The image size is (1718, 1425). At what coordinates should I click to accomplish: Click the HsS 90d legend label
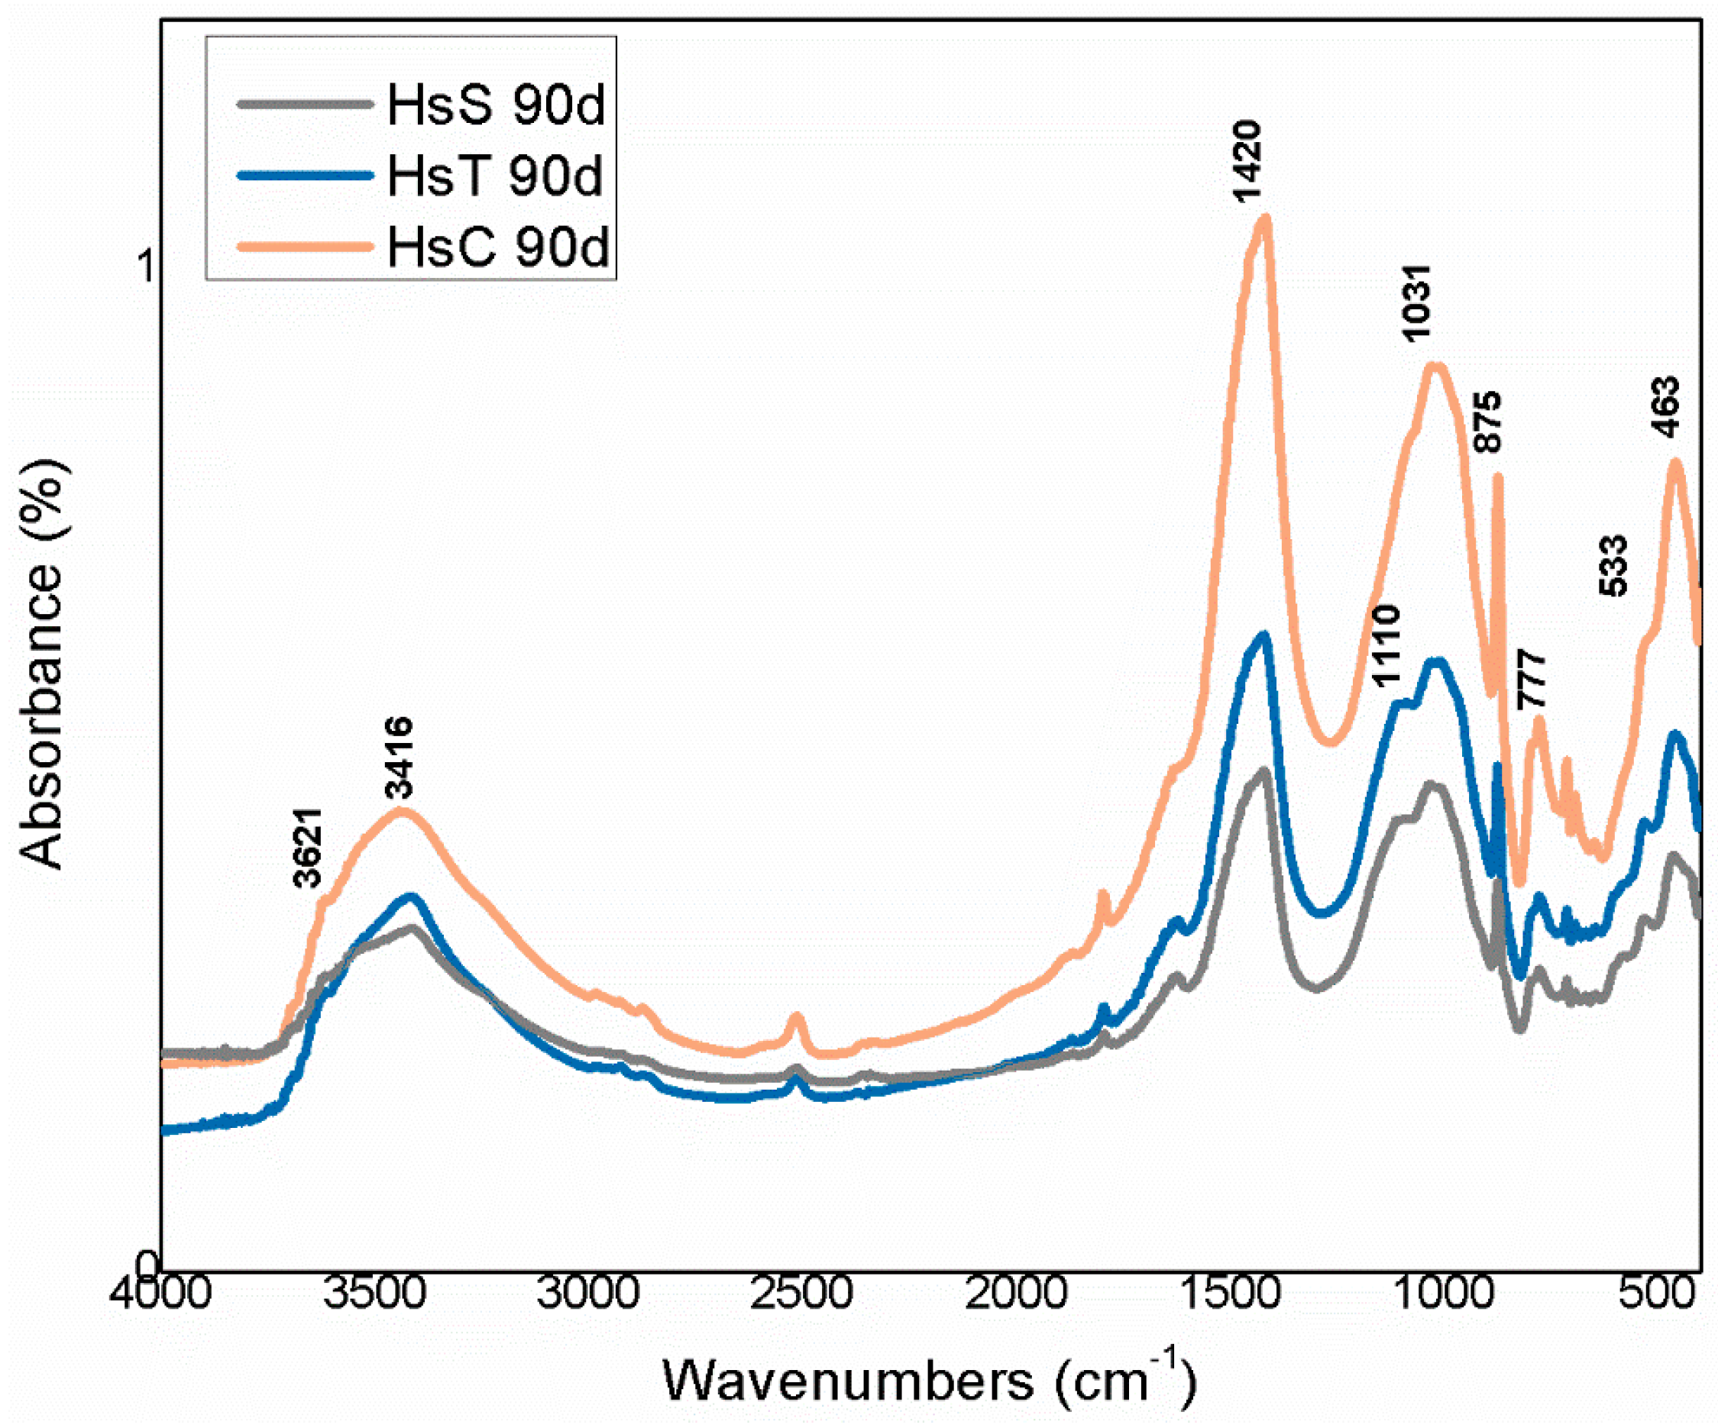(x=496, y=105)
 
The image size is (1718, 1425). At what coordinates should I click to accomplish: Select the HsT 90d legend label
(x=495, y=175)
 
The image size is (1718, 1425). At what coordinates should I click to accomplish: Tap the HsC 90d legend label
(x=497, y=246)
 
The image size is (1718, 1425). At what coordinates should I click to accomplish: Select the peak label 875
(x=1488, y=422)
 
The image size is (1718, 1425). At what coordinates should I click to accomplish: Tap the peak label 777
(x=1532, y=680)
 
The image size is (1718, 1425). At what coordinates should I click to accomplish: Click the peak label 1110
(x=1386, y=646)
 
